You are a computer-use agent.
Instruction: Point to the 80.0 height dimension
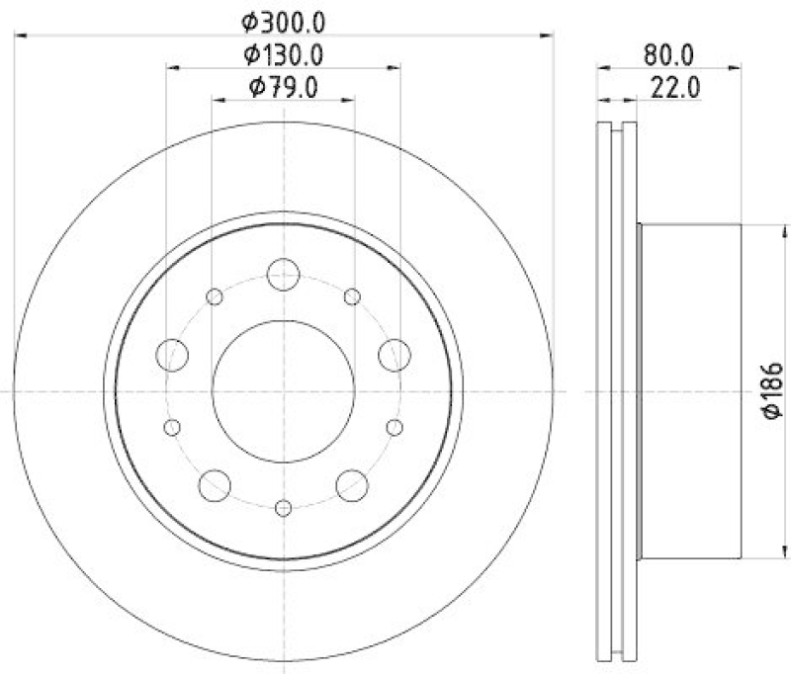coord(670,52)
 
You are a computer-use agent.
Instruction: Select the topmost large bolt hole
coord(284,274)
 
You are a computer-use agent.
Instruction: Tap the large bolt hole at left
coord(174,354)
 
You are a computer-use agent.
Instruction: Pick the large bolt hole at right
coord(394,354)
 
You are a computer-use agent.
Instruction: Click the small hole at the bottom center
coord(284,507)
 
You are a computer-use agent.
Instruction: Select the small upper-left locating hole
coord(215,296)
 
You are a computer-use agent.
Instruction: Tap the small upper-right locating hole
coord(352,296)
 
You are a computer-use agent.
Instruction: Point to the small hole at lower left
coord(172,427)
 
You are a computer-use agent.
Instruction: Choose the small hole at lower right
coord(395,427)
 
